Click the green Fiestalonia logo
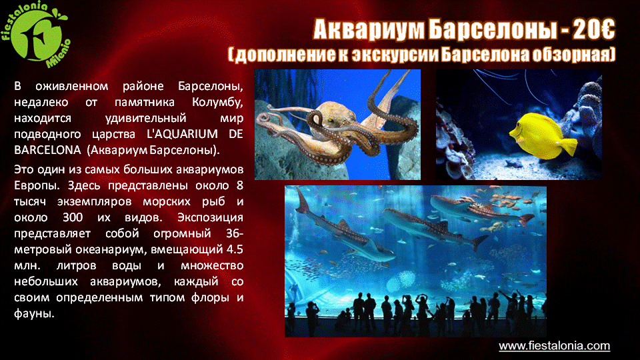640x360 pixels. (36, 34)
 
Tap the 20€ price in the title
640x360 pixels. (594, 29)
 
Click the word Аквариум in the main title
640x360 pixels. (369, 29)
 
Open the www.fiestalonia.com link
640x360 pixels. (554, 346)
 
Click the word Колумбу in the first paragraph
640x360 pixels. (217, 103)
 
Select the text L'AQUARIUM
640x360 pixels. (182, 134)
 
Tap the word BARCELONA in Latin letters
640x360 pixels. (47, 150)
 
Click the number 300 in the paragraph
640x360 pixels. (73, 217)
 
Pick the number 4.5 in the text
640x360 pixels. (234, 249)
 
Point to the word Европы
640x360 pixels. (37, 186)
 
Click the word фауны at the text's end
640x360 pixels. (34, 314)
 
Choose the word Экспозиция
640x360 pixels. (210, 217)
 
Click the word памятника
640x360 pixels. (145, 102)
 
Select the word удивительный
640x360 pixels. (146, 119)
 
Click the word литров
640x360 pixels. (76, 266)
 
